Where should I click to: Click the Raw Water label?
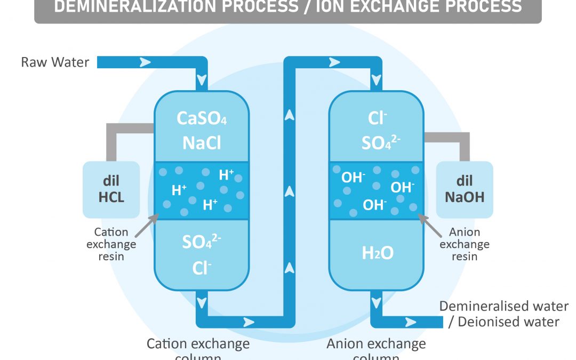click(x=55, y=62)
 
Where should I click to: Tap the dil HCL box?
click(x=111, y=190)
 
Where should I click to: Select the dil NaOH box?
click(x=465, y=190)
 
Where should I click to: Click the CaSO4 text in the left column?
click(x=202, y=118)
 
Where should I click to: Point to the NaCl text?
click(x=202, y=142)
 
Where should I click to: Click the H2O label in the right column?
click(x=378, y=253)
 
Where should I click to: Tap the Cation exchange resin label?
click(x=111, y=244)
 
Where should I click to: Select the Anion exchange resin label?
click(x=465, y=244)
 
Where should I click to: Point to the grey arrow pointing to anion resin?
click(x=430, y=225)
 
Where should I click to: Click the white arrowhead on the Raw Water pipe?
click(x=145, y=62)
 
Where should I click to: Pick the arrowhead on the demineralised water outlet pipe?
click(x=410, y=322)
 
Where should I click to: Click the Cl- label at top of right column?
click(x=377, y=118)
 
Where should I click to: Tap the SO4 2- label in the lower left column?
click(x=202, y=243)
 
